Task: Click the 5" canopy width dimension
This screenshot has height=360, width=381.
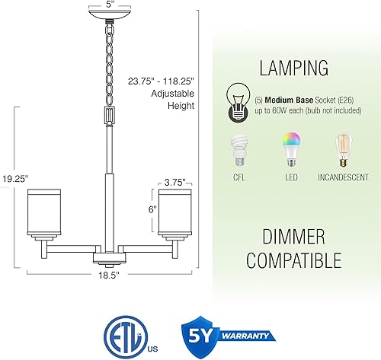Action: (110, 3)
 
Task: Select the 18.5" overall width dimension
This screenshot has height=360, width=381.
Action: (110, 279)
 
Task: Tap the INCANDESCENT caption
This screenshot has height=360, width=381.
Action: (345, 178)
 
